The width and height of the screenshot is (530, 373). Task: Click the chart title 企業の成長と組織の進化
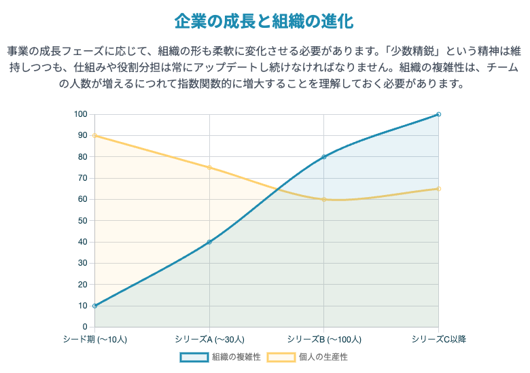click(x=264, y=21)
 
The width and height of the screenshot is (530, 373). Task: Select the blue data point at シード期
click(x=94, y=306)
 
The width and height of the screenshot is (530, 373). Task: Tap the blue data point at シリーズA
click(x=209, y=242)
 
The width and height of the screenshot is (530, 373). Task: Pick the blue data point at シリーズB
click(x=324, y=157)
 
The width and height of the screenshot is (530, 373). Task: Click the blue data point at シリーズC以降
click(x=438, y=114)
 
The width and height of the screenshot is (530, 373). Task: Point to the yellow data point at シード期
click(x=94, y=136)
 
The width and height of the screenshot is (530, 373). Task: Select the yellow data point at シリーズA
click(x=209, y=168)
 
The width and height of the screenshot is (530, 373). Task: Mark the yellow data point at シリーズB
click(x=324, y=199)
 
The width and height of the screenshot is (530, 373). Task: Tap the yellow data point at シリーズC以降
click(x=438, y=189)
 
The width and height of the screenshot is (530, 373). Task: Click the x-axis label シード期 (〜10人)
click(x=94, y=338)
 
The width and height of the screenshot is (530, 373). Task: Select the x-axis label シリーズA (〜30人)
click(x=209, y=338)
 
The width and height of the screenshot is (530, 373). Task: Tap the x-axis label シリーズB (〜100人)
click(x=324, y=338)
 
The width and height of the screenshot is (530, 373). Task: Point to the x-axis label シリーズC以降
click(x=438, y=338)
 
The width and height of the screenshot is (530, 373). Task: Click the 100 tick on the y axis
click(x=81, y=114)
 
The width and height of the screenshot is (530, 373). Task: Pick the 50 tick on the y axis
click(x=83, y=221)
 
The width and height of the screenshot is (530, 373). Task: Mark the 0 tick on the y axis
click(x=85, y=327)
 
